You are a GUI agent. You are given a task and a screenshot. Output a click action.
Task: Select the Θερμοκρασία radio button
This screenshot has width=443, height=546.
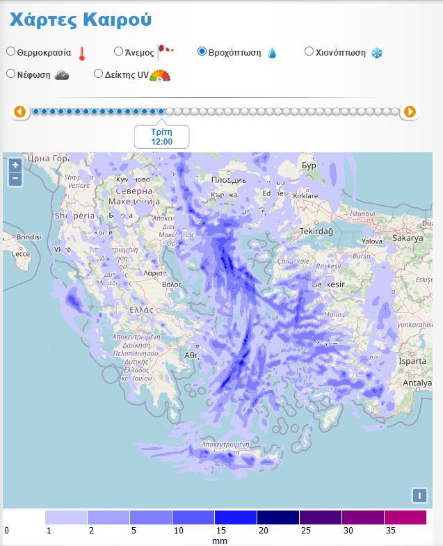(x=10, y=51)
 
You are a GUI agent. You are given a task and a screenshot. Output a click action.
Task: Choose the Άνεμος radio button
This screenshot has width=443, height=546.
(x=118, y=51)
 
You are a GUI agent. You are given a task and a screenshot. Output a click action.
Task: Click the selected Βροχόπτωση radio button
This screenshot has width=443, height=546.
(x=202, y=51)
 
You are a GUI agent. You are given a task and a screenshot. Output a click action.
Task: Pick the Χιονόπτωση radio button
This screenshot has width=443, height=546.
(x=309, y=51)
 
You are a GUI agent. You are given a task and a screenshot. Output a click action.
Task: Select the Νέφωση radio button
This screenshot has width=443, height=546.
(x=10, y=73)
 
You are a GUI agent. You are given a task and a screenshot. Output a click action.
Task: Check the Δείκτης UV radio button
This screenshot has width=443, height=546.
(x=98, y=73)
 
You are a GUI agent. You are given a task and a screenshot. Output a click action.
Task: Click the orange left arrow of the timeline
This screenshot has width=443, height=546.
(x=20, y=111)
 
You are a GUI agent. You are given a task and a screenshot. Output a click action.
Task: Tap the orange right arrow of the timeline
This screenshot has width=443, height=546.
(x=410, y=111)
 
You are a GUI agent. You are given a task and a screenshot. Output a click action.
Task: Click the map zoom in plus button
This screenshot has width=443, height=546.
(x=15, y=165)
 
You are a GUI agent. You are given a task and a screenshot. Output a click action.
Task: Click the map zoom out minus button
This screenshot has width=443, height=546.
(x=15, y=179)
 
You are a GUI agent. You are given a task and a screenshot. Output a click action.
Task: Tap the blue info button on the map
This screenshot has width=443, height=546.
(x=419, y=495)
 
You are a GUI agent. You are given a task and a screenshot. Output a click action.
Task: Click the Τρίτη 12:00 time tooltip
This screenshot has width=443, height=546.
(x=161, y=136)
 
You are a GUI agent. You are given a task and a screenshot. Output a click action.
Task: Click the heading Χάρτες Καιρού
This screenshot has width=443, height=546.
(x=80, y=19)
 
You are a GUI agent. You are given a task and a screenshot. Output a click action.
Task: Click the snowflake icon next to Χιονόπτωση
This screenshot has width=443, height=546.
(x=376, y=53)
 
